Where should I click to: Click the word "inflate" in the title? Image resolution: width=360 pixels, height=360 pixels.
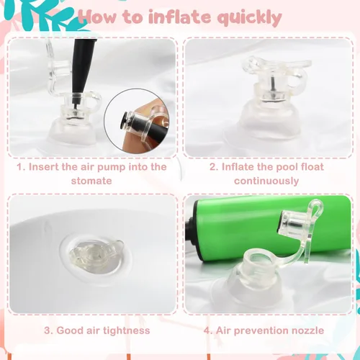coord(179,17)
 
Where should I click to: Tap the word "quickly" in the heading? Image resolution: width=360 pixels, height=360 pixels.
coord(250,19)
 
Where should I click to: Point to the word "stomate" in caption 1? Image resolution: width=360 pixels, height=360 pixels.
coord(91,181)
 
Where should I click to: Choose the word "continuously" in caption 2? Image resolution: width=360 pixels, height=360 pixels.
coord(266,181)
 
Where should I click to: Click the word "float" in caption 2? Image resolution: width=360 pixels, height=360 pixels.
coord(312,167)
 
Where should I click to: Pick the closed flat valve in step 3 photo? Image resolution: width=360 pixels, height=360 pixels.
coord(96,256)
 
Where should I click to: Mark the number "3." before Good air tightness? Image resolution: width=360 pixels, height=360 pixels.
coord(48,330)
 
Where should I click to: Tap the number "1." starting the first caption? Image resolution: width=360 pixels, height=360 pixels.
coord(21,167)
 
